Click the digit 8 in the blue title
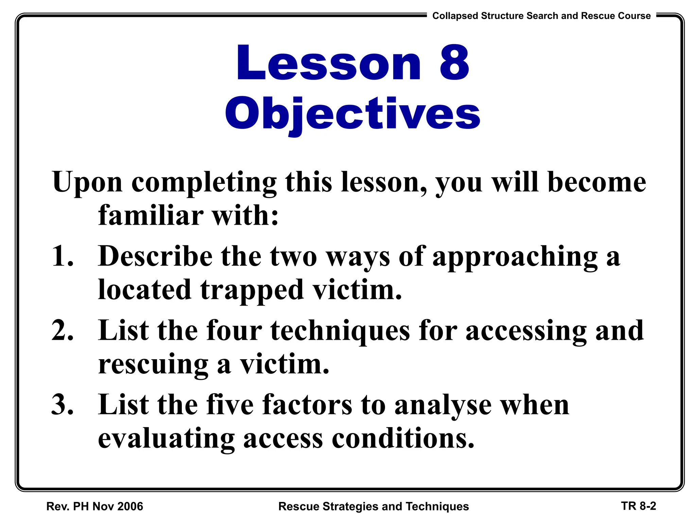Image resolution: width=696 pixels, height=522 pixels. pyautogui.click(x=454, y=63)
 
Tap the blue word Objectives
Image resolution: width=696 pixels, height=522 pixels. pyautogui.click(x=352, y=114)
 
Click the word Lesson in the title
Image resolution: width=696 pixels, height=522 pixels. pyautogui.click(x=329, y=63)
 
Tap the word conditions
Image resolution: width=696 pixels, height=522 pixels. pyautogui.click(x=403, y=438)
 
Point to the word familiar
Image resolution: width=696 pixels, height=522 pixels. pyautogui.click(x=151, y=215)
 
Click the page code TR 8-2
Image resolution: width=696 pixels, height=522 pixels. pyautogui.click(x=639, y=506)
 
